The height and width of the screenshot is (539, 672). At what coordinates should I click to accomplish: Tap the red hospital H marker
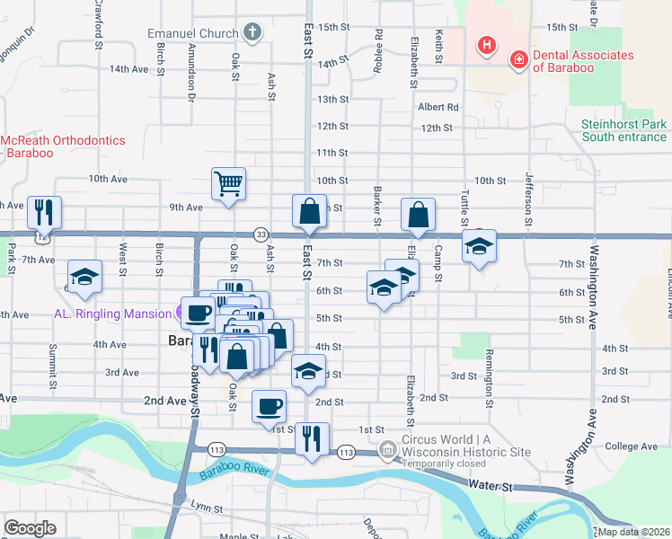coord(486,45)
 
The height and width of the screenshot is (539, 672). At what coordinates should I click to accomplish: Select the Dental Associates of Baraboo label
coord(583,61)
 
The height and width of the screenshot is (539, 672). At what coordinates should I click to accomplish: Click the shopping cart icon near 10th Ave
coord(229,184)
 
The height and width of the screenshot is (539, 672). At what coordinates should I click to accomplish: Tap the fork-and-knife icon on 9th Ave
coord(44,212)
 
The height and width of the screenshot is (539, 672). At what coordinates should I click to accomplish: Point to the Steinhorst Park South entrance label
coord(623,130)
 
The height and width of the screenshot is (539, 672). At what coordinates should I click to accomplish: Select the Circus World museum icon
coord(387,447)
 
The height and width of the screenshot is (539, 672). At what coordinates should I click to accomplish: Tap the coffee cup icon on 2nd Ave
coord(269,407)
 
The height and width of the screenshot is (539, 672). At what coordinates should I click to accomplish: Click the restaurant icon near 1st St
coord(311,438)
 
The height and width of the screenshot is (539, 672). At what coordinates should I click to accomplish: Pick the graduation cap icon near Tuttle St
coord(480,246)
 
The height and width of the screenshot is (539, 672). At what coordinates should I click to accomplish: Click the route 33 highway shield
coord(260,234)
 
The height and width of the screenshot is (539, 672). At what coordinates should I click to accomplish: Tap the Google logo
coord(31,527)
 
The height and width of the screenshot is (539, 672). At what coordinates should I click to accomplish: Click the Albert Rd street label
coord(438,107)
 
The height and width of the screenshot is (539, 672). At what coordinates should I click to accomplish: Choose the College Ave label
coord(632,446)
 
